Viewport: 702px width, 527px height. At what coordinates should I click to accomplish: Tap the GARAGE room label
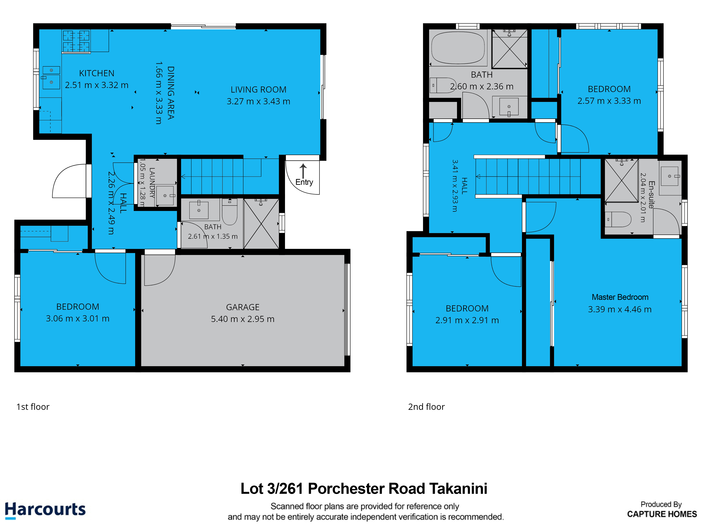pyautogui.click(x=243, y=307)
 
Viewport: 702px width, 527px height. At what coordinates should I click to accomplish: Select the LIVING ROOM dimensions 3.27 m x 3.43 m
pyautogui.click(x=258, y=101)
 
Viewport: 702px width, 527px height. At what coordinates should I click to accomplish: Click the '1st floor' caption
pyautogui.click(x=33, y=407)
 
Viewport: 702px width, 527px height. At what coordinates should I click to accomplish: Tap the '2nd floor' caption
pyautogui.click(x=426, y=407)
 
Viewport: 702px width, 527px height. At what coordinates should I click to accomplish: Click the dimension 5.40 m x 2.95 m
pyautogui.click(x=243, y=319)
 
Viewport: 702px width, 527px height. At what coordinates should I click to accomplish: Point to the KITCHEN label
pyautogui.click(x=97, y=73)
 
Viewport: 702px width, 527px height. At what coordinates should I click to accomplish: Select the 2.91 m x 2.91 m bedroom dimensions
pyautogui.click(x=467, y=320)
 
